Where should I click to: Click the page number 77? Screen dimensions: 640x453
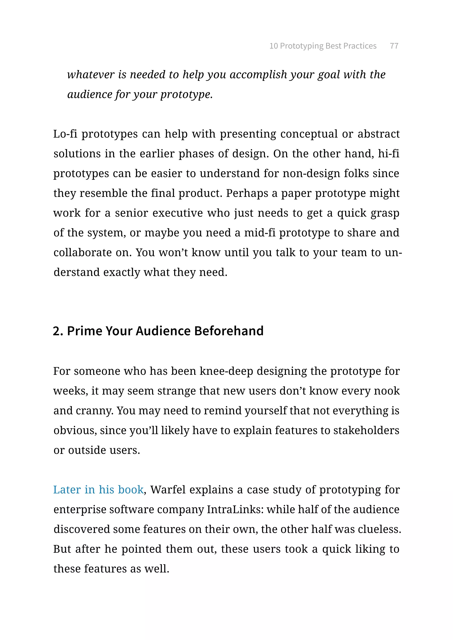tap(394, 46)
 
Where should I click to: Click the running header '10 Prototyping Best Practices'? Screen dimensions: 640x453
tap(323, 46)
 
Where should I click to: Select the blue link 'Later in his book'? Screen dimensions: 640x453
tap(98, 490)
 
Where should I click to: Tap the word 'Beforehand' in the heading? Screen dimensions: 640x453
tap(228, 331)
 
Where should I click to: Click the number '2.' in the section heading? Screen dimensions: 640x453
tap(58, 331)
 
